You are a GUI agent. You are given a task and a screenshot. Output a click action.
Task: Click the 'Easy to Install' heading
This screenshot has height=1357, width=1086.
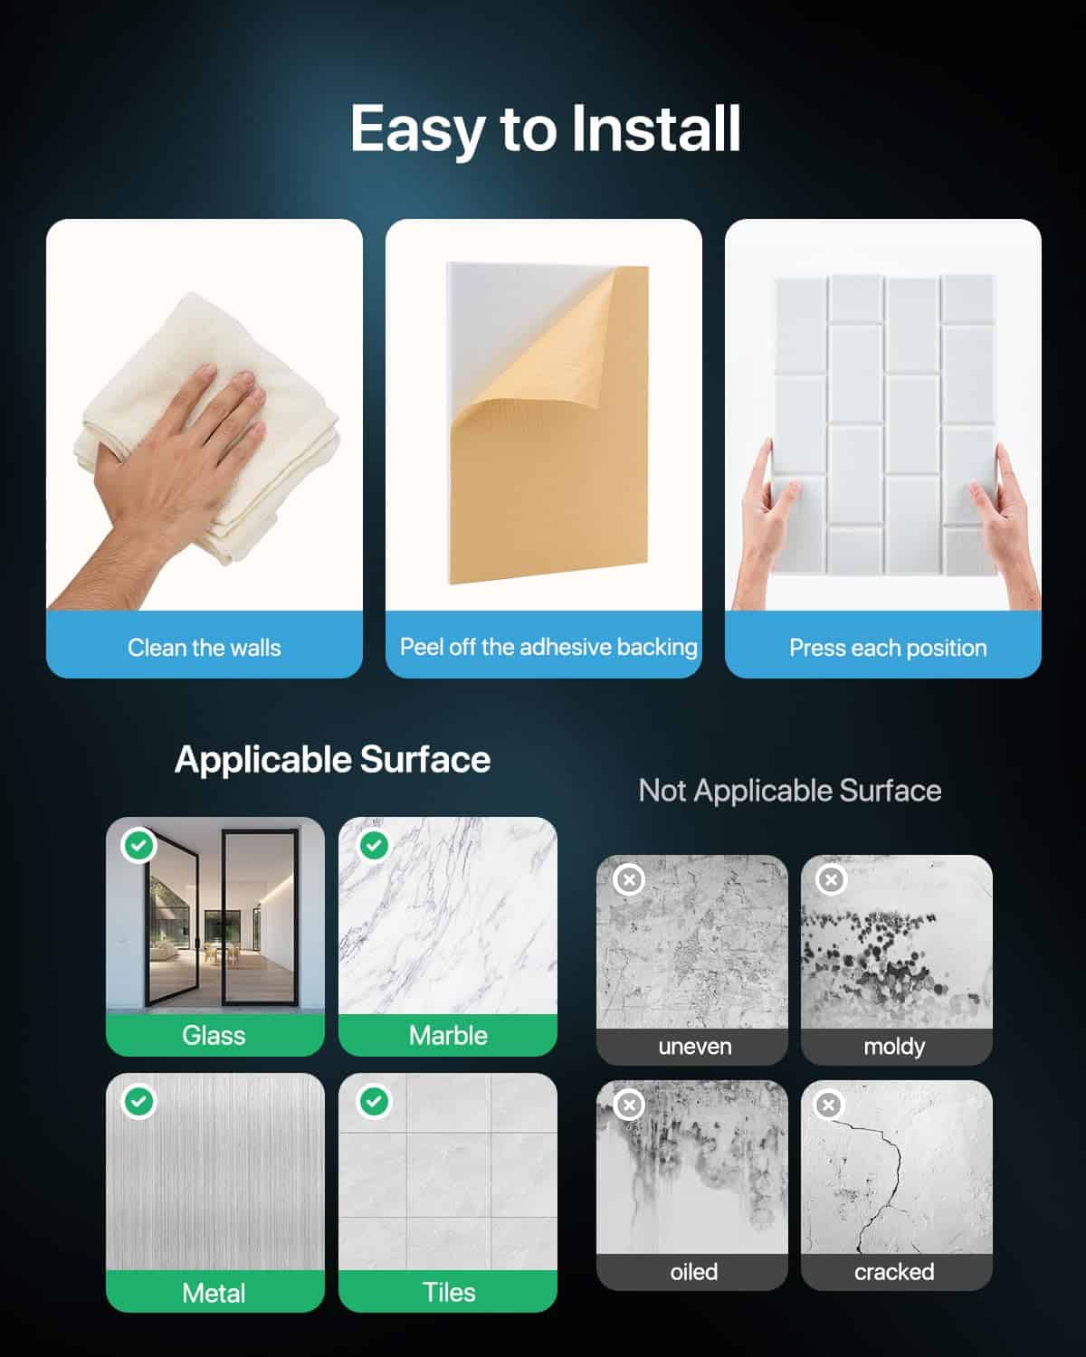pyautogui.click(x=545, y=130)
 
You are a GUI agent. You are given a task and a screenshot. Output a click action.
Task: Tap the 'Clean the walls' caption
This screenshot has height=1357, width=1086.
pyautogui.click(x=204, y=648)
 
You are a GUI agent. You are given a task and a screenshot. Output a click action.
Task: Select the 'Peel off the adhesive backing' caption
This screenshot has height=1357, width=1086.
pyautogui.click(x=548, y=647)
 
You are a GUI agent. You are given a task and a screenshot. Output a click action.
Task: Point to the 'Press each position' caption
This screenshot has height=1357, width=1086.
pyautogui.click(x=888, y=649)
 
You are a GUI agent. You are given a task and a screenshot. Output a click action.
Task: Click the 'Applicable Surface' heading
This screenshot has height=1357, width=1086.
pyautogui.click(x=332, y=759)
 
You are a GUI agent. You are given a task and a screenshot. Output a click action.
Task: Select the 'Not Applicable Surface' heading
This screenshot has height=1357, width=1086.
pyautogui.click(x=790, y=791)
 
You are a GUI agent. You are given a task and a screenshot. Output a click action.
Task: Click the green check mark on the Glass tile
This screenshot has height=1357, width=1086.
pyautogui.click(x=139, y=845)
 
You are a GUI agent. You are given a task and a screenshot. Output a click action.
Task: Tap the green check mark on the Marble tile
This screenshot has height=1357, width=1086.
pyautogui.click(x=374, y=845)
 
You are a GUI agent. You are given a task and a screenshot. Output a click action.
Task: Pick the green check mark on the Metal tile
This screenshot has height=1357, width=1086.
pyautogui.click(x=139, y=1102)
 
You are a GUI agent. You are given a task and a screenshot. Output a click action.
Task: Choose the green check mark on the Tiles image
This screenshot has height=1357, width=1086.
pyautogui.click(x=374, y=1102)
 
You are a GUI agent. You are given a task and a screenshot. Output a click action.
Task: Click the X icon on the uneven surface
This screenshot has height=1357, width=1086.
pyautogui.click(x=629, y=879)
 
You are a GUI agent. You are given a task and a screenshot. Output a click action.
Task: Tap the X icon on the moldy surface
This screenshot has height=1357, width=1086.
pyautogui.click(x=831, y=879)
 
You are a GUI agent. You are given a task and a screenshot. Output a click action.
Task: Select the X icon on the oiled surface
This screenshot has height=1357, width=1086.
pyautogui.click(x=629, y=1105)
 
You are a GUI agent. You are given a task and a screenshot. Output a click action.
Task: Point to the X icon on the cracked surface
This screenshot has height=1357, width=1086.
pyautogui.click(x=829, y=1105)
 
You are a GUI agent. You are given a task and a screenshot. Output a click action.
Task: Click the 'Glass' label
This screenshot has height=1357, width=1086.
pyautogui.click(x=214, y=1036)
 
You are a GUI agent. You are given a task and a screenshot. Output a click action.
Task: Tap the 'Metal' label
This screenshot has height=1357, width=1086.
pyautogui.click(x=214, y=1294)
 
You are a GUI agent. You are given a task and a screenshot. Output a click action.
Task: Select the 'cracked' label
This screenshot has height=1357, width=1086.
pyautogui.click(x=894, y=1272)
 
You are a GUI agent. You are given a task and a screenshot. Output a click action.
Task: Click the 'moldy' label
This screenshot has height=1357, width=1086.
pyautogui.click(x=894, y=1047)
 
